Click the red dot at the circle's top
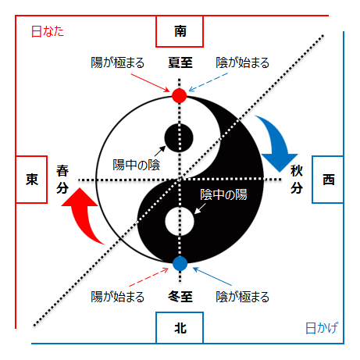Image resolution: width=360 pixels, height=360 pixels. [x=179, y=95]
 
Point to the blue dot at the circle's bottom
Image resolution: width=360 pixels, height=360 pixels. [x=180, y=263]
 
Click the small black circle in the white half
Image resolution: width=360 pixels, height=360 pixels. [x=179, y=137]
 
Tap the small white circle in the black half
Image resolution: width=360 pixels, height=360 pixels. [x=180, y=221]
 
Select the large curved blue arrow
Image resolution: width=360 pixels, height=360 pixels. [x=276, y=141]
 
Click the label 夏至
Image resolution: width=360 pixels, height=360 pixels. [x=180, y=62]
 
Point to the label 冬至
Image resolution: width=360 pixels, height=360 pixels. [x=180, y=297]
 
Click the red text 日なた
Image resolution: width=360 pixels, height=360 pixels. [x=48, y=31]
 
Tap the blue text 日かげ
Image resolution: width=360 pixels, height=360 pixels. [x=322, y=328]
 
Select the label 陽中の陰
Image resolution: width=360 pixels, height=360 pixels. [x=136, y=165]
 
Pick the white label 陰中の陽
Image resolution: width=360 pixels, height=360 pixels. [x=223, y=194]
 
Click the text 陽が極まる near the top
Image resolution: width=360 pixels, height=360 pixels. [x=117, y=62]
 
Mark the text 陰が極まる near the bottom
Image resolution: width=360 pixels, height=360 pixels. [x=242, y=297]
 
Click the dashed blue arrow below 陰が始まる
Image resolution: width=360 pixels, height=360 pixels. [x=208, y=82]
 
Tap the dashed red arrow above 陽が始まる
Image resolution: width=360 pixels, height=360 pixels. [x=149, y=276]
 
